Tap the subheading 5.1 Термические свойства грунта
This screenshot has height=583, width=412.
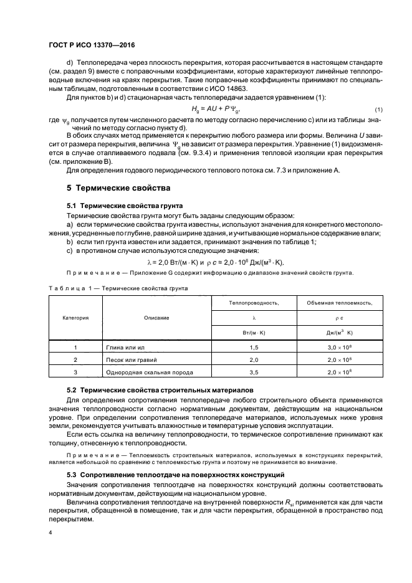coord(121,205)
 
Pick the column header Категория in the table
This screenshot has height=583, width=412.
coord(75,318)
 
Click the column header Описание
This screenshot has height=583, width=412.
coord(156,318)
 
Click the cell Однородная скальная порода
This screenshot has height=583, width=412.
coord(154,372)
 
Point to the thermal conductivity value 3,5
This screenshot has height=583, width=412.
coord(253,372)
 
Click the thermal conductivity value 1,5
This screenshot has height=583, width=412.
coord(253,346)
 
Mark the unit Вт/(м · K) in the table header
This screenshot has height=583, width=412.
coord(253,333)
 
